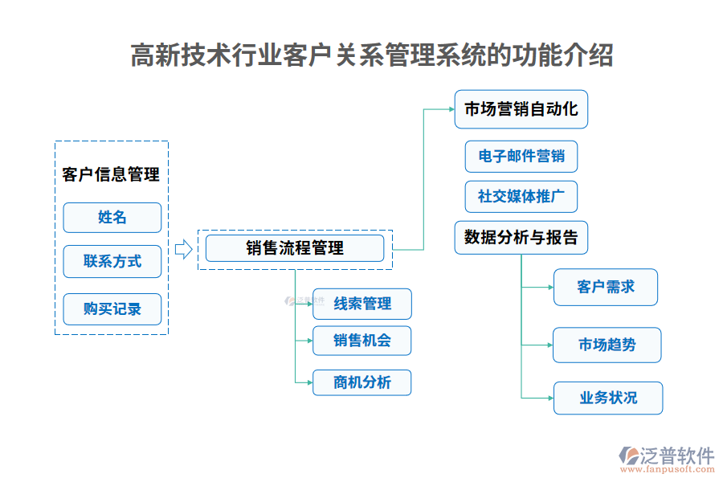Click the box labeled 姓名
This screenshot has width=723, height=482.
pyautogui.click(x=112, y=218)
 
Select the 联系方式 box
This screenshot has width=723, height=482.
pyautogui.click(x=112, y=261)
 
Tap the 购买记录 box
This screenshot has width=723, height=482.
pyautogui.click(x=112, y=309)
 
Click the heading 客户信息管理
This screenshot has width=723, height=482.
pyautogui.click(x=111, y=174)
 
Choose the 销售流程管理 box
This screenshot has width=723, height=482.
pyautogui.click(x=294, y=248)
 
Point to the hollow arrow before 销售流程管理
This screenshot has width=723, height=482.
pyautogui.click(x=183, y=249)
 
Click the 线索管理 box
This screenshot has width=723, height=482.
pyautogui.click(x=361, y=304)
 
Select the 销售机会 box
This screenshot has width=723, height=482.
pyautogui.click(x=361, y=341)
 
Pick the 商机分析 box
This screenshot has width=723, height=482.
pyautogui.click(x=361, y=382)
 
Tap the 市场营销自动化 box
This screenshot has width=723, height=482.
pyautogui.click(x=521, y=109)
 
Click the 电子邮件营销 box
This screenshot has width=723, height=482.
pyautogui.click(x=521, y=157)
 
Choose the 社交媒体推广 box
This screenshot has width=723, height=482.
pyautogui.click(x=521, y=196)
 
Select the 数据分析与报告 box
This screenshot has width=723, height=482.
pyautogui.click(x=521, y=238)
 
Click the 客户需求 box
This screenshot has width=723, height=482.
pyautogui.click(x=605, y=287)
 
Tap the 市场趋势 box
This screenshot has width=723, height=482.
pyautogui.click(x=607, y=345)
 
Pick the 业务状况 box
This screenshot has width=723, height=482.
pyautogui.click(x=607, y=398)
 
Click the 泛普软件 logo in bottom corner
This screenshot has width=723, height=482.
pyautogui.click(x=667, y=455)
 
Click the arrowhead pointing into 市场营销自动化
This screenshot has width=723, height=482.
pyautogui.click(x=450, y=109)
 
